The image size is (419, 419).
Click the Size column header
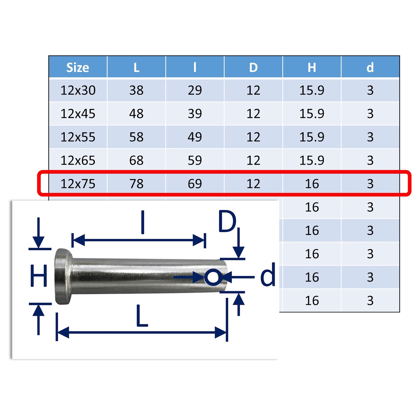point(78,68)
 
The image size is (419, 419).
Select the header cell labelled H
point(312,68)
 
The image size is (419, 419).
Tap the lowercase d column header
point(370,68)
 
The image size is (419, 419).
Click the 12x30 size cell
point(78,90)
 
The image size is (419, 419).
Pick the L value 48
point(136,114)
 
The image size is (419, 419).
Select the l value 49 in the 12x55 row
point(195,137)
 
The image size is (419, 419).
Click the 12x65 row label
point(78,160)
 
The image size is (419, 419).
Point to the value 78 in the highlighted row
point(136,184)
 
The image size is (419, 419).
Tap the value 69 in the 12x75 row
point(195,184)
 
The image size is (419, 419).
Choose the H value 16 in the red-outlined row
point(312,184)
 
